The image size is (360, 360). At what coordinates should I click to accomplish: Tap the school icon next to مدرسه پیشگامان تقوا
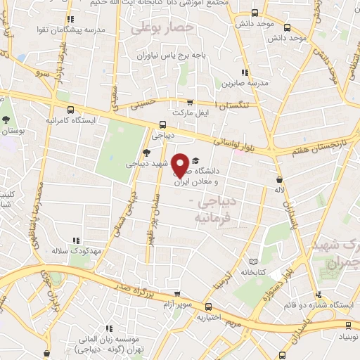click(70, 20)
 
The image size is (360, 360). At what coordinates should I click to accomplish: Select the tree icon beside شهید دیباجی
click(146, 153)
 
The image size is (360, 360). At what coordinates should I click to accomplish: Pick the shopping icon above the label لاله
click(280, 180)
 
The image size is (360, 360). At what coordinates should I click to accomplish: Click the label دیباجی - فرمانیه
click(210, 210)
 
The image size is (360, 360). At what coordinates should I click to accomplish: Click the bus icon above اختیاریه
click(209, 307)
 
